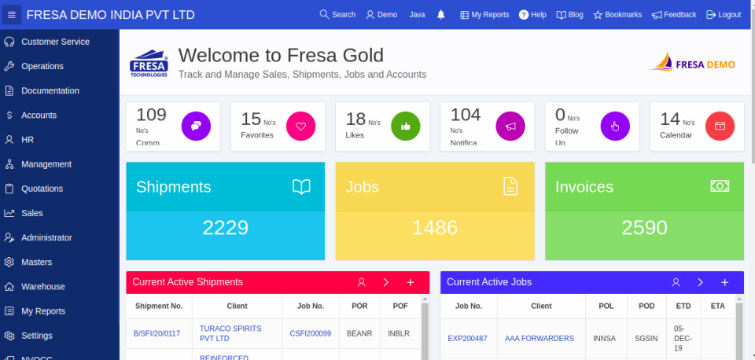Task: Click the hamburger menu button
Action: tap(11, 15)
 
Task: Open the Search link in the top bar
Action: tap(337, 15)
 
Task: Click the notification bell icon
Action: tap(440, 15)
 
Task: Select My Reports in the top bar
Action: tap(484, 15)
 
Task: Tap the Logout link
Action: tap(724, 15)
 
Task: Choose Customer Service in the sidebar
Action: tap(55, 42)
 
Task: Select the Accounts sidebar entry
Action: tap(39, 115)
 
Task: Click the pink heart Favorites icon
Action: tap(300, 126)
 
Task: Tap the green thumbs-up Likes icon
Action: tap(406, 126)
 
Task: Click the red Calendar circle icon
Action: tap(720, 126)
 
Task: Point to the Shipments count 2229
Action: tap(225, 228)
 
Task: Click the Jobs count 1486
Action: tap(435, 228)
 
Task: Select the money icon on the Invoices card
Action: tap(720, 186)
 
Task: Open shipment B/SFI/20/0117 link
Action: tap(157, 333)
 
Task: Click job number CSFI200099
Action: tap(310, 333)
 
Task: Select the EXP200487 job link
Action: tap(467, 339)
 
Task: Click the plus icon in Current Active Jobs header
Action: tap(725, 282)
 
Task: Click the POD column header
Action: tap(646, 306)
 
